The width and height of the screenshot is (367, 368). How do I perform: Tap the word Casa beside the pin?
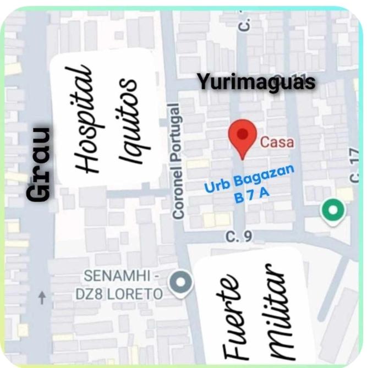277,142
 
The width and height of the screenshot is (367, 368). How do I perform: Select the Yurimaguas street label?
256,83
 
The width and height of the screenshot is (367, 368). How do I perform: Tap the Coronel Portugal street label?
177,160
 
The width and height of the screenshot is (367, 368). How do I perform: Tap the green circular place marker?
333,211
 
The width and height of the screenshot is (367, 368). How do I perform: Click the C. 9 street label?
239,237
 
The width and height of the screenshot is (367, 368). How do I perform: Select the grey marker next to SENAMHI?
181,283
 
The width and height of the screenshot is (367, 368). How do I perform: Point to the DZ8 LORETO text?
119,294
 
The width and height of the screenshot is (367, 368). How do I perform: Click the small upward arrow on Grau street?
42,298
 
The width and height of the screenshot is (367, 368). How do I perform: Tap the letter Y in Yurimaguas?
202,83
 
